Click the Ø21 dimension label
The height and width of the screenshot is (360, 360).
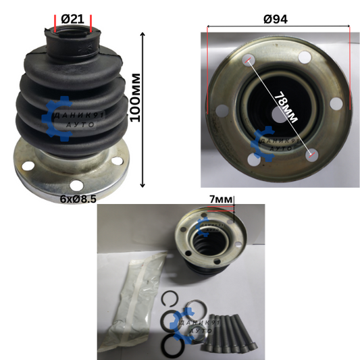tap(73, 19)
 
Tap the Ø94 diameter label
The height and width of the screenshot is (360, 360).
tap(276, 19)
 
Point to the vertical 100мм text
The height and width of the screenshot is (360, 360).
tap(135, 97)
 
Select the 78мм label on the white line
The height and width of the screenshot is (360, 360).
tap(286, 107)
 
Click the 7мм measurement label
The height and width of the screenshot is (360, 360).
tap(221, 199)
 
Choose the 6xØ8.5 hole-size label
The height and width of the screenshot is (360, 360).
tap(78, 199)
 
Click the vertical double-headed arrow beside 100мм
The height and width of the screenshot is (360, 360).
tap(143, 109)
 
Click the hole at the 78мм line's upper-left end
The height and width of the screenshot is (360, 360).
tap(249, 61)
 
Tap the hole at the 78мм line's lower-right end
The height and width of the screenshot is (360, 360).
tap(312, 155)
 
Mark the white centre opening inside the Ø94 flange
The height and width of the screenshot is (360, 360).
tap(278, 114)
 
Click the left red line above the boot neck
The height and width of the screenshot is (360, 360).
tap(55, 24)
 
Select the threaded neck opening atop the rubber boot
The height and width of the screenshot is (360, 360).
tap(73, 33)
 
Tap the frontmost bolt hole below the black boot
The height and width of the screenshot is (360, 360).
tap(76, 185)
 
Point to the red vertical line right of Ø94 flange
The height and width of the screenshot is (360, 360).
tap(350, 68)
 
